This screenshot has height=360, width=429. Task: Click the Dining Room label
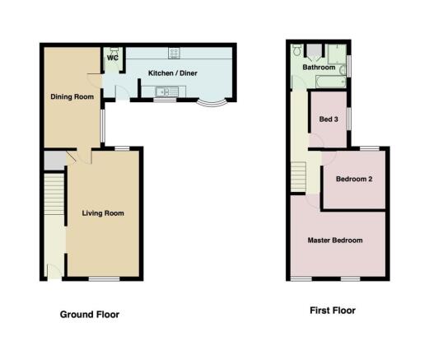point(72,96)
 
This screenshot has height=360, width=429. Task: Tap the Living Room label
point(103,213)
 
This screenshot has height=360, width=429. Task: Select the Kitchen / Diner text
point(173,73)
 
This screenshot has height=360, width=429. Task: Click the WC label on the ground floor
point(113,58)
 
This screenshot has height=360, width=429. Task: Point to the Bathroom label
point(319,68)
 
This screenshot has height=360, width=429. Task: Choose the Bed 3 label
point(329,119)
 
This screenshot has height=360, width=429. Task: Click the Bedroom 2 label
point(354,179)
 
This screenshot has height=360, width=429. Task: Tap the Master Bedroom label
point(335,241)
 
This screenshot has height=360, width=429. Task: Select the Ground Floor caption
point(90,315)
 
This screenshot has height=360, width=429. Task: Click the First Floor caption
point(333,311)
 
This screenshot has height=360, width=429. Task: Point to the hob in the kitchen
point(175,53)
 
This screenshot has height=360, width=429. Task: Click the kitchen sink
point(167,91)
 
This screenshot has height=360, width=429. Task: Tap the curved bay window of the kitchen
point(212,104)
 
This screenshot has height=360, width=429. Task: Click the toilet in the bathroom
point(296,50)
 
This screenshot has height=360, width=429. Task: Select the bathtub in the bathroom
point(331,82)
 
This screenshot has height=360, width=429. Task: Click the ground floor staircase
point(54,194)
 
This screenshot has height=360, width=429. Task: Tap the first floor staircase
point(298,177)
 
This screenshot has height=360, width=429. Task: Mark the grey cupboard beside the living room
point(55,161)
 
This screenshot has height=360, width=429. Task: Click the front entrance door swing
point(54,272)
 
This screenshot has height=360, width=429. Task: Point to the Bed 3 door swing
point(316,141)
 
